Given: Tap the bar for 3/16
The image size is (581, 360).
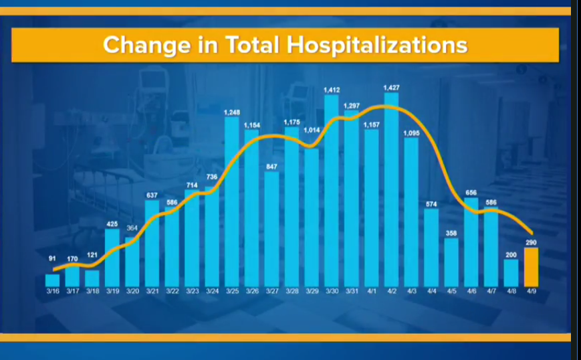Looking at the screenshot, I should point(53,280).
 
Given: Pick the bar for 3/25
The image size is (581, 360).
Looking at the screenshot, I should point(232,201).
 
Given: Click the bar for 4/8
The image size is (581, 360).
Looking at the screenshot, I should point(511,272).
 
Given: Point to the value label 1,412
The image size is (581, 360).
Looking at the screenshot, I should point(332,89).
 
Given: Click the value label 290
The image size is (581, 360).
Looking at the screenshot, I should point(532,242).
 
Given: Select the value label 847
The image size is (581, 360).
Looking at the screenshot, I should point(271,167).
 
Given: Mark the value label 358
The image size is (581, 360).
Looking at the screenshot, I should point(451,234).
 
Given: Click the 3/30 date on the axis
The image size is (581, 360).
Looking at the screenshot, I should point(332,292).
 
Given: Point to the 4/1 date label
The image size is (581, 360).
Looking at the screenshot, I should point(371,292).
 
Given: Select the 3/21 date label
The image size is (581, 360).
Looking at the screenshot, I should point(152,292).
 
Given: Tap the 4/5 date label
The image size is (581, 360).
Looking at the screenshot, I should point(451,292).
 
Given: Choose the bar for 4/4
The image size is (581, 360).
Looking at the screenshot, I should point(431,247).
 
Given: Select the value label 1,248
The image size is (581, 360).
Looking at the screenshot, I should point(232,112).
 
